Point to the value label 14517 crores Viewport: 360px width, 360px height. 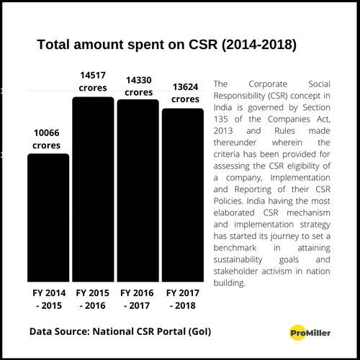93,81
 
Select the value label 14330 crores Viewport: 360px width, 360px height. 138,86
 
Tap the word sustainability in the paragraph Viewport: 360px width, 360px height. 243,260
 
